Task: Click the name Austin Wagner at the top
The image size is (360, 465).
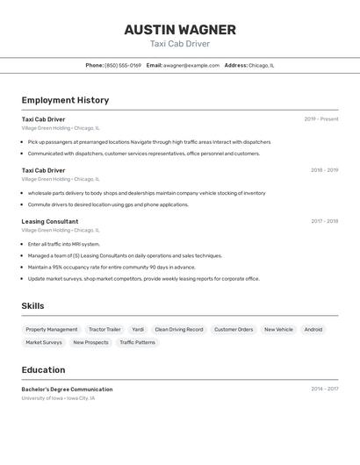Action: tap(179, 29)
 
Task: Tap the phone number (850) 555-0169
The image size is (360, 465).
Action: tap(123, 65)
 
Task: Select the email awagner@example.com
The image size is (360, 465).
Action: tap(191, 65)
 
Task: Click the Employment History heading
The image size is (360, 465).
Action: tap(65, 100)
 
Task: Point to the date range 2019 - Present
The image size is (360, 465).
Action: tap(320, 119)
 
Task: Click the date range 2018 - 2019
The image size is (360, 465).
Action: tap(324, 170)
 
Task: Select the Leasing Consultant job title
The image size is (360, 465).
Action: tap(50, 222)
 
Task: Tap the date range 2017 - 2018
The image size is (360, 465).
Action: tap(324, 222)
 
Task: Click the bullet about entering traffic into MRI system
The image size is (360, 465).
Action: tap(64, 244)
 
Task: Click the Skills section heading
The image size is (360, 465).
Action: tap(33, 305)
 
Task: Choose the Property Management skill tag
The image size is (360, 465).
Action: tap(52, 330)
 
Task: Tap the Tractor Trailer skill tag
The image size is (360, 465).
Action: tap(104, 330)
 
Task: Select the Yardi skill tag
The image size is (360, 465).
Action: tap(138, 330)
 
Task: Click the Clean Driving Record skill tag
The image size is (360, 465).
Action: tap(179, 330)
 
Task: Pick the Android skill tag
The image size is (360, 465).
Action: tap(313, 330)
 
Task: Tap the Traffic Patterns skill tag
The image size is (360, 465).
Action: tap(137, 343)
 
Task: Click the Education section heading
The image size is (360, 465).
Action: tap(43, 369)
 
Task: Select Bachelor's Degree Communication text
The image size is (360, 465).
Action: tap(67, 389)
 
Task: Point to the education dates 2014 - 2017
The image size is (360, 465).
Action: tap(324, 389)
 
